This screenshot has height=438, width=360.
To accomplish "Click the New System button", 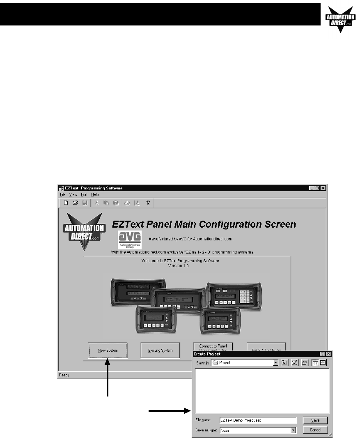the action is click(108, 350).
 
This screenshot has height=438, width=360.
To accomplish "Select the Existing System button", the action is click(160, 350).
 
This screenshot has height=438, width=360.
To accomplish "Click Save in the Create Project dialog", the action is click(315, 420).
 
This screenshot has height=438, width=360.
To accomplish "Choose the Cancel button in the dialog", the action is click(315, 430).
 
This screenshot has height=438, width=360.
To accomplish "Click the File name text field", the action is click(258, 420).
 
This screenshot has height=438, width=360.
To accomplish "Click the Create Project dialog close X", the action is click(329, 354).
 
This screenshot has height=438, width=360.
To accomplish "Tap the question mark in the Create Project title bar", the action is click(322, 354).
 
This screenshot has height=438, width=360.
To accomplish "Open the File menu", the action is click(63, 194).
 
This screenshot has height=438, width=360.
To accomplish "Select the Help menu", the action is click(95, 194).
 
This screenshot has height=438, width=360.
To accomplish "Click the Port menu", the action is click(84, 194).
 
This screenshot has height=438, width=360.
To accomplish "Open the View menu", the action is click(73, 194).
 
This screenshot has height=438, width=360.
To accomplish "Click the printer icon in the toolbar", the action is click(127, 203).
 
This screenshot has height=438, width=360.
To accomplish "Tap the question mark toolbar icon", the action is click(148, 203).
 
